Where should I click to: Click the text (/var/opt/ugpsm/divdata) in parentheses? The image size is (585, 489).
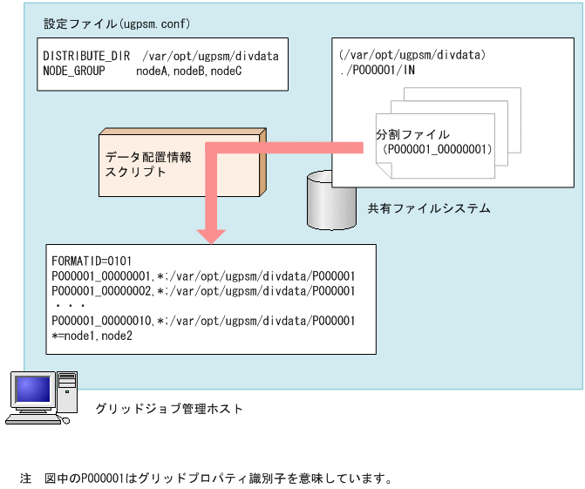coord(412,56)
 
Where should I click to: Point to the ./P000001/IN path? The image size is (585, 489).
coord(377,69)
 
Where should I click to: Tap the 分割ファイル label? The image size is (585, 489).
coord(413,135)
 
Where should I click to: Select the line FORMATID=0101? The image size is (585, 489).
coord(91,260)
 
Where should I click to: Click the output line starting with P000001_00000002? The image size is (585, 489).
coord(203,289)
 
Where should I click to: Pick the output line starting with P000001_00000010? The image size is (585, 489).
coord(203,321)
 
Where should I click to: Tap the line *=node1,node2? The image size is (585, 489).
coord(92,336)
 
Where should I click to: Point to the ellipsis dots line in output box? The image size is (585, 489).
coord(68,306)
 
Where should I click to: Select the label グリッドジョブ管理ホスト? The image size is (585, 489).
coord(169,408)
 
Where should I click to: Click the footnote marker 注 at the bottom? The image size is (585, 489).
coord(25,479)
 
